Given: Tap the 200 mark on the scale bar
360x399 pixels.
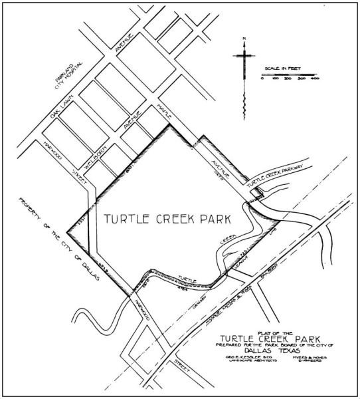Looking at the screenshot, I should (289, 79).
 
